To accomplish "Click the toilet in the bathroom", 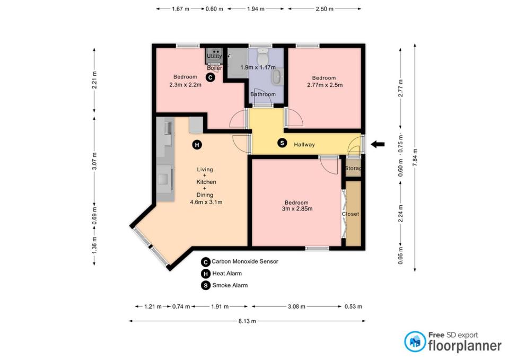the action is point(262,57).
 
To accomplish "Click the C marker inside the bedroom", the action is point(210,77).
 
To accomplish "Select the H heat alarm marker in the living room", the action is point(197,145).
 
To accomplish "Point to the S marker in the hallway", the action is point(282,143).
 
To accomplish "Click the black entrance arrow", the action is point(378,144).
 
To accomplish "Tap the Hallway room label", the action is point(304,144).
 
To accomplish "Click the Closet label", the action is point(350,214).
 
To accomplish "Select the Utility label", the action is point(214,56).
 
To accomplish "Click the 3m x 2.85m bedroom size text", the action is point(297,209).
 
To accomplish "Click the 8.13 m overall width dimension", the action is point(247,321).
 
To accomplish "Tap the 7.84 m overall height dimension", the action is point(415,157).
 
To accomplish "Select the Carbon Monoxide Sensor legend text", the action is point(245,261).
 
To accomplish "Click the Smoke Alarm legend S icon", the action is point(206,286).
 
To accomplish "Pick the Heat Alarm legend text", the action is point(227,274).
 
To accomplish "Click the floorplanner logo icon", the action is point(415,341).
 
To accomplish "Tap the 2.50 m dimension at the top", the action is point(324,9).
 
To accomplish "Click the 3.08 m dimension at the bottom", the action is point(296,306).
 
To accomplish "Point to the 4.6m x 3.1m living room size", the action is point(206,202).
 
